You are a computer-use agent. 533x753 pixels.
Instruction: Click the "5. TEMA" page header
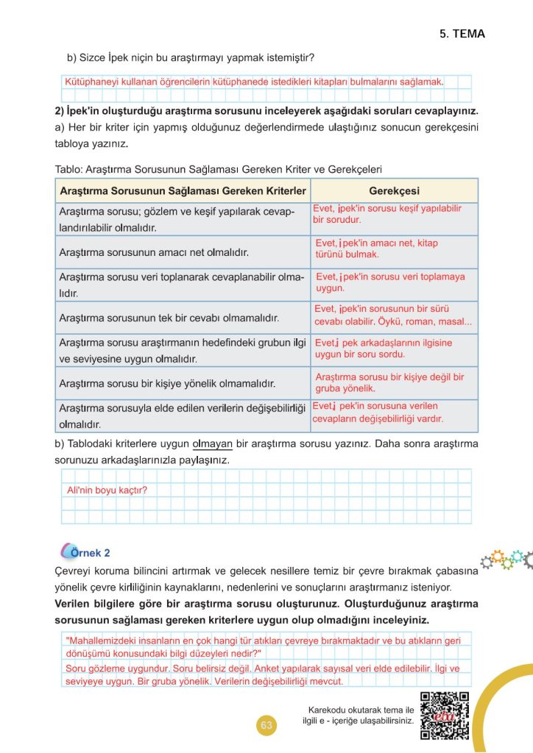tap(462, 34)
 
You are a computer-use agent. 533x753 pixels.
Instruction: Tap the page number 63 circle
tap(266, 726)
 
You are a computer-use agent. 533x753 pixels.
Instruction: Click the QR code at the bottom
tap(444, 716)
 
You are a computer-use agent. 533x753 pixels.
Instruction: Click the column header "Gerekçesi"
tap(394, 190)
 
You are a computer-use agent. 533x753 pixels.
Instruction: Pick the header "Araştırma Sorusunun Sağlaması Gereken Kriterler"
tap(182, 190)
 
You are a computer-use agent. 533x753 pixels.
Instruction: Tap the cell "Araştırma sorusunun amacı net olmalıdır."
tap(153, 252)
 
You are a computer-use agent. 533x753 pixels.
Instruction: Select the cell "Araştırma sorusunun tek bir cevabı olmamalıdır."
tap(169, 318)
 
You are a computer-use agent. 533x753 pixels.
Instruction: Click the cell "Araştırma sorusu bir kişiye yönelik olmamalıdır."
tap(167, 383)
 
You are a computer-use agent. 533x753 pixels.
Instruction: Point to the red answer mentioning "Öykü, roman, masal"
tap(393, 315)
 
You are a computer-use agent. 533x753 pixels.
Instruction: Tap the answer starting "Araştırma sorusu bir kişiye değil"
tap(389, 382)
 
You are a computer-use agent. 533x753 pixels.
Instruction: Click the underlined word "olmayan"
tap(212, 444)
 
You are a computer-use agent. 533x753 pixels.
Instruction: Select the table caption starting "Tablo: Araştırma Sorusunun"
tap(218, 168)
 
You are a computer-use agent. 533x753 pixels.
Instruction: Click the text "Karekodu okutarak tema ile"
tap(362, 709)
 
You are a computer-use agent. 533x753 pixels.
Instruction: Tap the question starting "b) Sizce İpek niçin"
tap(191, 57)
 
